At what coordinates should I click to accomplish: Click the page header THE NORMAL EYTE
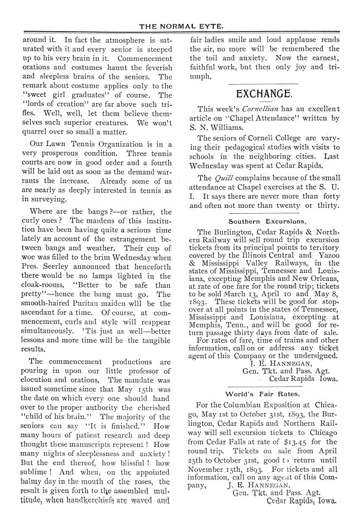181,25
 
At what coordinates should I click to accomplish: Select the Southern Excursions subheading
268,221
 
